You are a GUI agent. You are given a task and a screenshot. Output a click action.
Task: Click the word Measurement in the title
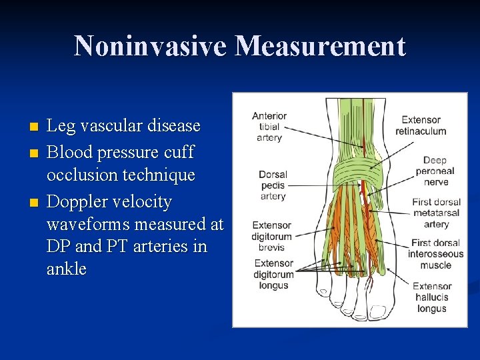(320, 47)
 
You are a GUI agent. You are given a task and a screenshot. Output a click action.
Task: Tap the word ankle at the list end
(67, 269)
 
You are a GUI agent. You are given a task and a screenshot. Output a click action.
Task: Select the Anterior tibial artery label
(269, 127)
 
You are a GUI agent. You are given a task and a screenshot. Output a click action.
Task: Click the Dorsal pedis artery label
(273, 185)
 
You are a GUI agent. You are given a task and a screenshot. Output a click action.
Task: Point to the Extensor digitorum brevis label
(271, 236)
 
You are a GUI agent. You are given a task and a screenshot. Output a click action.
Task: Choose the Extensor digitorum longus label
(273, 274)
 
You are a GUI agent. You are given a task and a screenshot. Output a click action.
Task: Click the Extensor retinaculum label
(421, 125)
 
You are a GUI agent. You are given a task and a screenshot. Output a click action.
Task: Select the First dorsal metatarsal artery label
(436, 213)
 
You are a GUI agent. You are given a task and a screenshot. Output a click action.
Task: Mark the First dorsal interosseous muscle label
(435, 254)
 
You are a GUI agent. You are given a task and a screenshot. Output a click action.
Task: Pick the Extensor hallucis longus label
(432, 297)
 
